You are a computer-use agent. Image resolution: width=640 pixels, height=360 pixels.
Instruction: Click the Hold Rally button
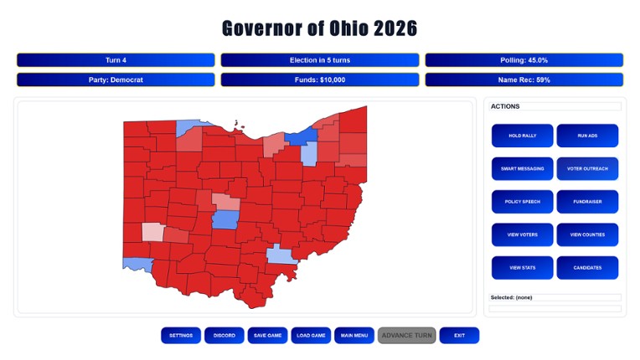coord(522,136)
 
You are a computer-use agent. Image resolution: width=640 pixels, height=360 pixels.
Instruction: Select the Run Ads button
coord(587,136)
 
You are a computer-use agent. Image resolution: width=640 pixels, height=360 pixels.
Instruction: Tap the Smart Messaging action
coord(522,169)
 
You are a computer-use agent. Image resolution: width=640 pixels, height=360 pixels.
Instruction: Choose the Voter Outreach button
coord(587,169)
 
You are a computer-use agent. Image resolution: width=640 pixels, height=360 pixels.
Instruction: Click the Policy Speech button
coord(522,202)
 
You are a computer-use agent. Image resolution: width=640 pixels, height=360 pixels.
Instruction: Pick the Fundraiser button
coord(587,202)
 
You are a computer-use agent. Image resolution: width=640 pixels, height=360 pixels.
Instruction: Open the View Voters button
coord(522,235)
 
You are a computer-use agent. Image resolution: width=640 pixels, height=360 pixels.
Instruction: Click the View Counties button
coord(587,235)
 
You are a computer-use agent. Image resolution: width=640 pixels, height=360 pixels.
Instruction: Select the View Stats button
coord(522,268)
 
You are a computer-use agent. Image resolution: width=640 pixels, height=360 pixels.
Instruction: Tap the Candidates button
coord(587,268)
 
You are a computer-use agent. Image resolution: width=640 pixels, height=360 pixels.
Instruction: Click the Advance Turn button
coord(407,336)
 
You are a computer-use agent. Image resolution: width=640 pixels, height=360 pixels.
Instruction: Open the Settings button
coord(181,336)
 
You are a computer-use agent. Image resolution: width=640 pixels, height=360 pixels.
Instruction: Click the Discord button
coord(225,336)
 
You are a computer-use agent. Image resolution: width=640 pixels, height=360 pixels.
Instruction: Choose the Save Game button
coord(268,336)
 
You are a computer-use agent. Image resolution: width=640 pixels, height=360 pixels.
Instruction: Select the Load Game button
coord(312,336)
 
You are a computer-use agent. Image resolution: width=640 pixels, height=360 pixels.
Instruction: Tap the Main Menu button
coord(354,336)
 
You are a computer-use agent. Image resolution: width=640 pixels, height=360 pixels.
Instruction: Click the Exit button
coord(459,336)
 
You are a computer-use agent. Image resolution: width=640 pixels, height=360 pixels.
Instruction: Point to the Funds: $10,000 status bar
coord(320,80)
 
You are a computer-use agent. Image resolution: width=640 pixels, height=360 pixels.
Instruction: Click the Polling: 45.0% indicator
coord(524,60)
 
